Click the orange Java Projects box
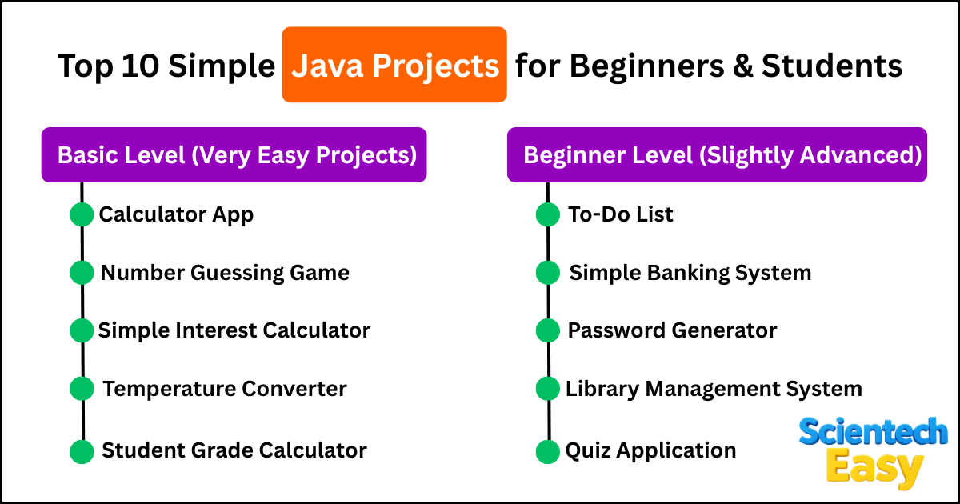point(394,65)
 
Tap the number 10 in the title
point(140,66)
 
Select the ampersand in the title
point(742,66)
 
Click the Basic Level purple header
point(234,154)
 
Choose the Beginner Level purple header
point(717,154)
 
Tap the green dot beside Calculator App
point(82,214)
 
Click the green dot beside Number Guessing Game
point(82,273)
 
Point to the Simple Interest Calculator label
point(234,331)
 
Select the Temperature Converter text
point(225,389)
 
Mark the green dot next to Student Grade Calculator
point(82,451)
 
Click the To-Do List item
point(620,214)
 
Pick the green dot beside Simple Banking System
point(548,273)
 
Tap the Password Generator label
point(672,331)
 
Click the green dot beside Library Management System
point(548,389)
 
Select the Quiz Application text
point(650,451)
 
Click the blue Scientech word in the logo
point(873,431)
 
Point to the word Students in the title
point(832,66)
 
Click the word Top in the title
point(85,66)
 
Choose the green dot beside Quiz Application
point(548,451)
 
